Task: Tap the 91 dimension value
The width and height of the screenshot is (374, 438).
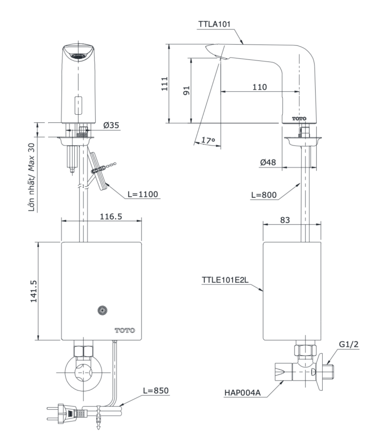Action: click(186, 90)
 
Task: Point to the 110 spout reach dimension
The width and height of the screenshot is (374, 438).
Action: click(260, 87)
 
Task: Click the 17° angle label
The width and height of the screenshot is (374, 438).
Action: click(208, 140)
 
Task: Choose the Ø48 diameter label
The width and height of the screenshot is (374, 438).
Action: click(270, 162)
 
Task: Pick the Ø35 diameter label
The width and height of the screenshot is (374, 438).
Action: click(111, 125)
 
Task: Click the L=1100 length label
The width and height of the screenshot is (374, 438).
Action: click(143, 194)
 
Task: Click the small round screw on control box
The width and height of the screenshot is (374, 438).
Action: click(102, 309)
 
